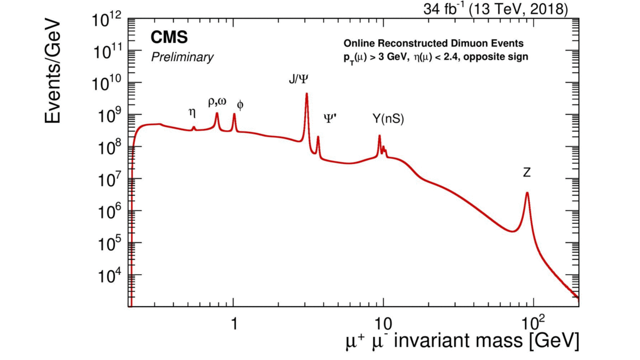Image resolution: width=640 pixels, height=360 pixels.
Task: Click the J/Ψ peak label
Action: pyautogui.click(x=298, y=79)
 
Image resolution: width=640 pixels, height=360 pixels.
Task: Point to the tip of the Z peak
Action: pyautogui.click(x=527, y=193)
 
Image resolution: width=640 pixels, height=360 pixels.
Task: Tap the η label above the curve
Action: pyautogui.click(x=193, y=112)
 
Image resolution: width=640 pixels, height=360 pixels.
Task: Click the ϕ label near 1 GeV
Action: pyautogui.click(x=240, y=105)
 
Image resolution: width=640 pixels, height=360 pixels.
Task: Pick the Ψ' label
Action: pyautogui.click(x=330, y=118)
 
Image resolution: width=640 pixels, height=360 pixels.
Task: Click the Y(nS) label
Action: pyautogui.click(x=388, y=119)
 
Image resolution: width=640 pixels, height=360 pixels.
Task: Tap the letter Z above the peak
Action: pyautogui.click(x=526, y=173)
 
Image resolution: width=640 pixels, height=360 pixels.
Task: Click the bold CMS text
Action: pyautogui.click(x=169, y=37)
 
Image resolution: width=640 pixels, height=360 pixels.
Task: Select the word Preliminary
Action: pyautogui.click(x=182, y=57)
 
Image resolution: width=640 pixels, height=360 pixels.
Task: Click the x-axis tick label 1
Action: pyautogui.click(x=234, y=322)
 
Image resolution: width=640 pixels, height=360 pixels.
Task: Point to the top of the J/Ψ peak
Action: pyautogui.click(x=307, y=94)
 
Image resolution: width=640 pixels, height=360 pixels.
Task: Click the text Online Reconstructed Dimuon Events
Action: pyautogui.click(x=434, y=43)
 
